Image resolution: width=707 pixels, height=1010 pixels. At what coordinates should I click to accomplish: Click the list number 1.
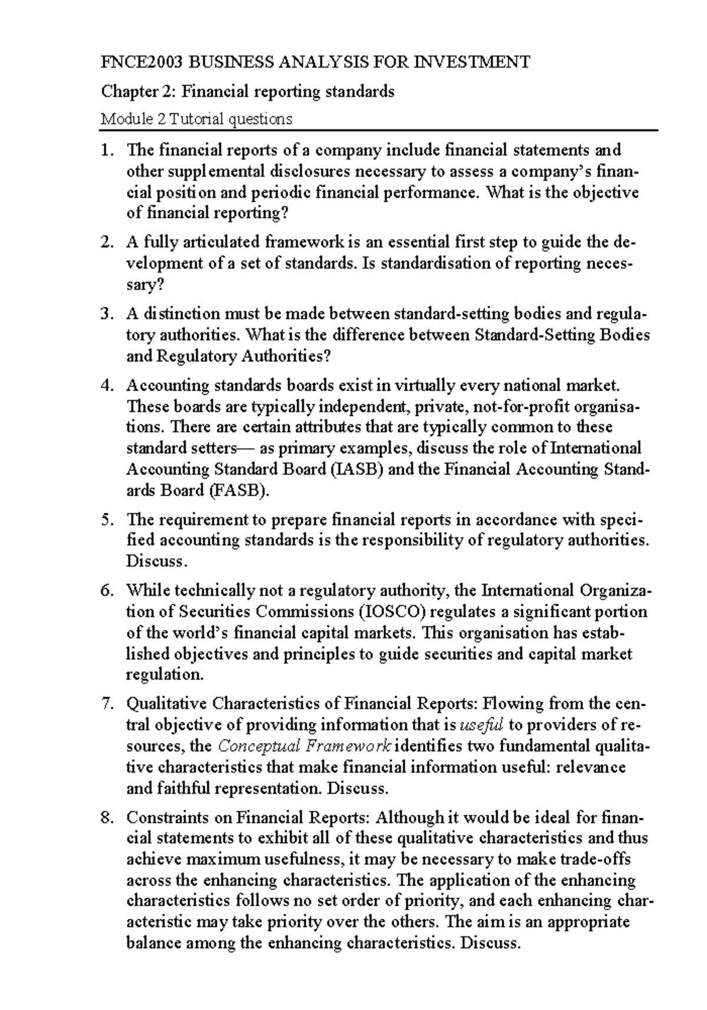106,150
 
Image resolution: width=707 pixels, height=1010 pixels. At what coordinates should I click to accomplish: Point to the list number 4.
106,385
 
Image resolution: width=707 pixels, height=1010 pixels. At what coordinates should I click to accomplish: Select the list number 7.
106,704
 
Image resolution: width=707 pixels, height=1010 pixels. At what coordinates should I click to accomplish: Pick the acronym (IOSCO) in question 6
391,612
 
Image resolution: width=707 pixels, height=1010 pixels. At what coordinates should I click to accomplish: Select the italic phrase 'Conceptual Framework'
304,746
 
